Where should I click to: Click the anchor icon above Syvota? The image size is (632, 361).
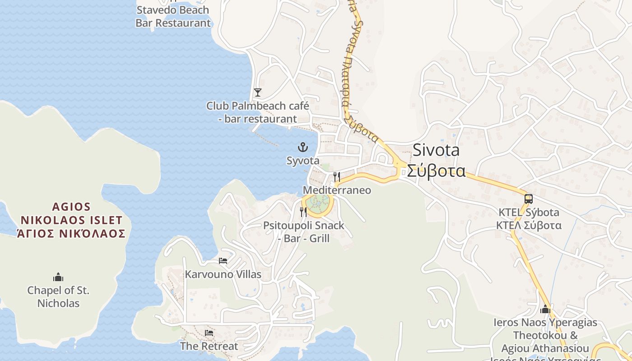coord(302,147)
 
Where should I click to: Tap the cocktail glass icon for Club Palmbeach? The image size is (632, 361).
coord(257,93)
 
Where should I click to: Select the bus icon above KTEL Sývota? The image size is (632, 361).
coord(528,199)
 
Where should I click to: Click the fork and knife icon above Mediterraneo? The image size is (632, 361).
coord(336,176)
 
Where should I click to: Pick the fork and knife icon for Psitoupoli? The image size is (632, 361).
coord(303,212)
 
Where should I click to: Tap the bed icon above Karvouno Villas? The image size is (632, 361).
coord(223,261)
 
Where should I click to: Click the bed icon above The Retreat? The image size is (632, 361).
coord(209,333)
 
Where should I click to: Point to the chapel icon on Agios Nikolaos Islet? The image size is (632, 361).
coord(58,277)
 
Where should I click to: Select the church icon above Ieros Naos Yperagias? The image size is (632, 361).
coord(545,310)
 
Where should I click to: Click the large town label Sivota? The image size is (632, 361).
coord(436,150)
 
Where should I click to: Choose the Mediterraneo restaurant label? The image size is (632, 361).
coord(337,190)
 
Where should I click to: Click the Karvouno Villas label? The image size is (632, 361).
coord(223,274)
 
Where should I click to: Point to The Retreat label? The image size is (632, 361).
coord(209,346)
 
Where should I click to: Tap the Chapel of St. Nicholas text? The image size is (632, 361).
coord(58,296)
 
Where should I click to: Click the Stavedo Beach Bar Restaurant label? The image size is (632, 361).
coord(173,16)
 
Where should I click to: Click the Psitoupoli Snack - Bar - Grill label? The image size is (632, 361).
coord(304,231)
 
